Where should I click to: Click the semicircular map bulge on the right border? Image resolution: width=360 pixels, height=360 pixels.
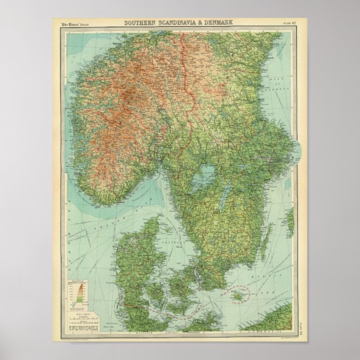point(299,149)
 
